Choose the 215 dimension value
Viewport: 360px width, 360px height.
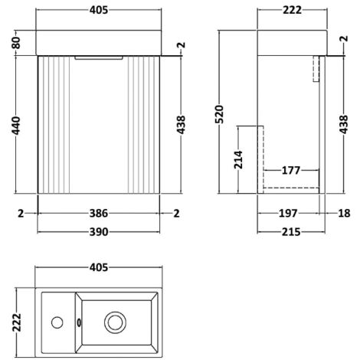pyautogui.click(x=290, y=231)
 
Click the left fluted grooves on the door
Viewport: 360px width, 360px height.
pyautogui.click(x=57, y=126)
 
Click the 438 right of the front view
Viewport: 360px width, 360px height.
pyautogui.click(x=181, y=125)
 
